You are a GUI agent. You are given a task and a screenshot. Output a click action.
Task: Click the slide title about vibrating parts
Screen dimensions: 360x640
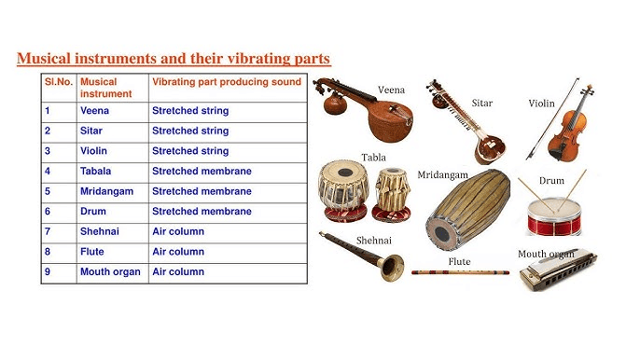[174, 60]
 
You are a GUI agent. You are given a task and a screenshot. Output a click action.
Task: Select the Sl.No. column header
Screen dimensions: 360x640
[58, 82]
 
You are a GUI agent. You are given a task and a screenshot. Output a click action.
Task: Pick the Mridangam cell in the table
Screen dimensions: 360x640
[106, 191]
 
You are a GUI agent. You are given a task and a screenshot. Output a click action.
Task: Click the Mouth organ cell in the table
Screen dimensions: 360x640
[110, 272]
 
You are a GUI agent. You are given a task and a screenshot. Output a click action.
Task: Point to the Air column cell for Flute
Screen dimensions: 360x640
[178, 252]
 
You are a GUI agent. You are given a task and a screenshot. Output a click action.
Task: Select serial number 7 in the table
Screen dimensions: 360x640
[47, 232]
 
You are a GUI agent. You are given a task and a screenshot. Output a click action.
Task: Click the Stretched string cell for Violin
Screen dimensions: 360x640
[190, 151]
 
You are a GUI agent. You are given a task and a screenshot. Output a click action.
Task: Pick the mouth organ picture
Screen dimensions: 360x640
[561, 271]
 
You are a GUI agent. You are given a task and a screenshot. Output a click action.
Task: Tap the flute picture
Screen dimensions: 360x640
[461, 272]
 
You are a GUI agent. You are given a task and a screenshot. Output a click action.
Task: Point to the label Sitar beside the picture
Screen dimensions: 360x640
[482, 103]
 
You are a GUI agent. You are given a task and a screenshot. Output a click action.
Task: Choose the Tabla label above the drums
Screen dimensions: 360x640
[374, 157]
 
